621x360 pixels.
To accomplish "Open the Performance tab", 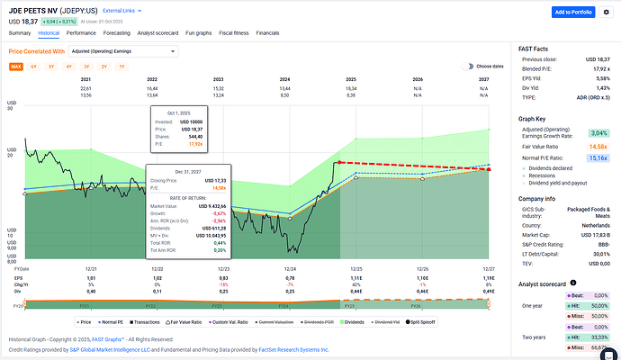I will [x=81, y=32].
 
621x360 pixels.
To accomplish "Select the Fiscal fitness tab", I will [x=233, y=32].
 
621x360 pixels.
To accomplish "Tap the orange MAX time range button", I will [x=16, y=67].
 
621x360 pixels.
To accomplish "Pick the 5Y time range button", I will [x=51, y=67].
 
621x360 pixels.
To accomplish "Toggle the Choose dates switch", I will [x=468, y=67].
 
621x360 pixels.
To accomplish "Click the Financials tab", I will [x=267, y=32].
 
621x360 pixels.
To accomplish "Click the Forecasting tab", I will [x=117, y=32].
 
